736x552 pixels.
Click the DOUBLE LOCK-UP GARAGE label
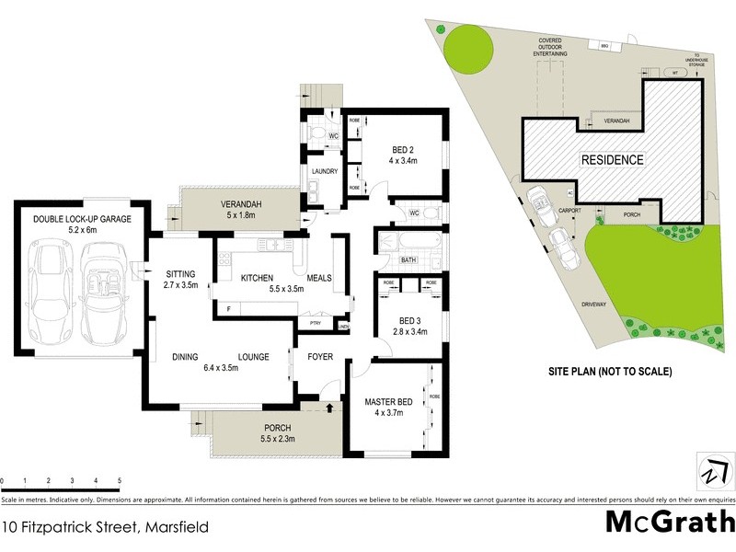pos(83,219)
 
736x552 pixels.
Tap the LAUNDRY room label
pos(325,171)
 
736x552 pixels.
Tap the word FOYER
pos(319,356)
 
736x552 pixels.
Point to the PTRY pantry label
pos(316,324)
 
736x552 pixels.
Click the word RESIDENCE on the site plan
pos(612,159)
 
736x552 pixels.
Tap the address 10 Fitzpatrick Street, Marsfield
pos(105,527)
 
